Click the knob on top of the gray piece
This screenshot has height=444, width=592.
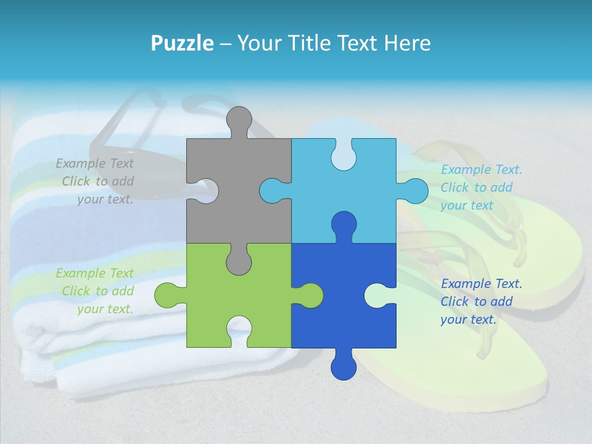(x=239, y=120)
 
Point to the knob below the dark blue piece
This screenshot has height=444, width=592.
(x=343, y=365)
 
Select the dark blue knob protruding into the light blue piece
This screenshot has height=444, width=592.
(x=343, y=224)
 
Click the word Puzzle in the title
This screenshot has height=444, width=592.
(x=182, y=43)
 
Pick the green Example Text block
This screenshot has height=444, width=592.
(x=96, y=291)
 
